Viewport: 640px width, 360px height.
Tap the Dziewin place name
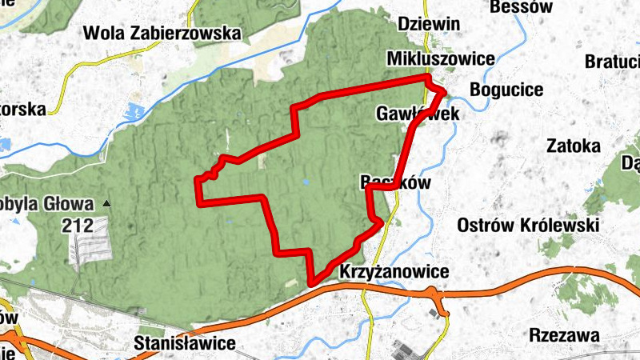click(x=429, y=24)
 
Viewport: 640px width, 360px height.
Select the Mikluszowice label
click(x=440, y=59)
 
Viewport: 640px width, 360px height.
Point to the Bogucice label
click(x=506, y=89)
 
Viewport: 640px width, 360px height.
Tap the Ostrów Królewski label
click(x=529, y=226)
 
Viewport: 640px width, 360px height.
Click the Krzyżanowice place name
click(x=394, y=272)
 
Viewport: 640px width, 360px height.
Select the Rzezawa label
click(x=565, y=335)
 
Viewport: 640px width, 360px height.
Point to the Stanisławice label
click(x=186, y=344)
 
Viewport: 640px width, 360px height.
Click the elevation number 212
click(x=79, y=226)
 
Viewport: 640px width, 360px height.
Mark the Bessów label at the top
click(x=524, y=7)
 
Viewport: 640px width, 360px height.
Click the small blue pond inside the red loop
click(x=306, y=182)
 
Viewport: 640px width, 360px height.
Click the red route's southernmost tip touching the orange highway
click(x=311, y=282)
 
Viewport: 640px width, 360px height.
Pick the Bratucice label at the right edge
click(x=613, y=62)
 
